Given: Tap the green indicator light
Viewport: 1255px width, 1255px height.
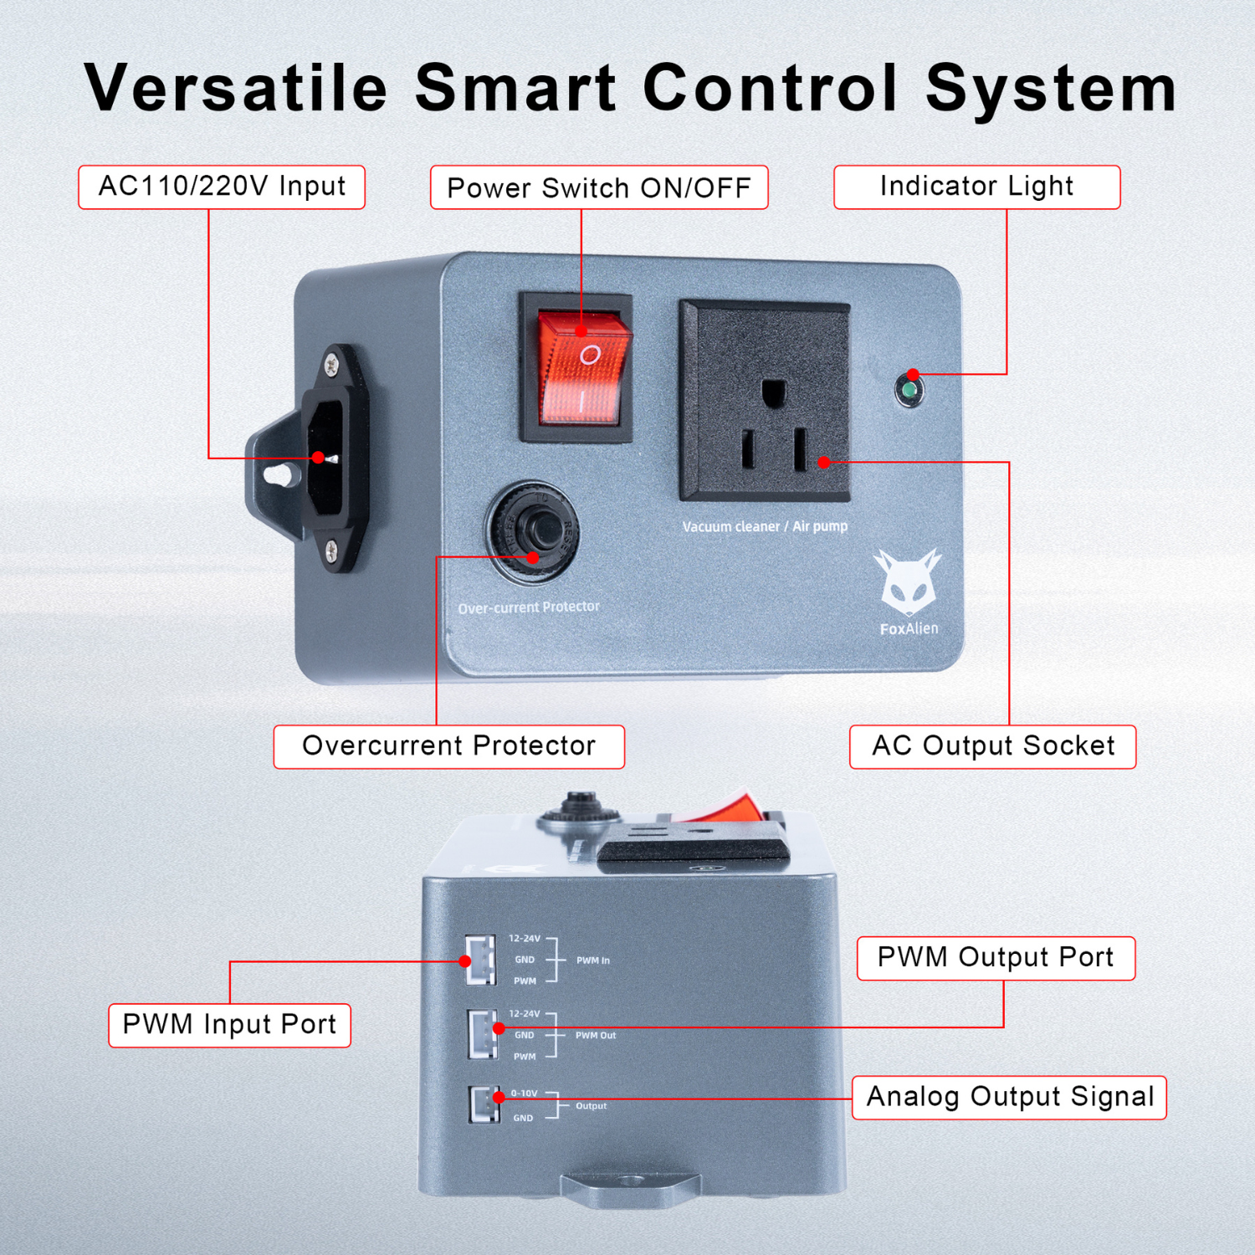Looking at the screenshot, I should point(909,390).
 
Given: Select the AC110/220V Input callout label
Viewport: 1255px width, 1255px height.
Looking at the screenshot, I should point(222,187).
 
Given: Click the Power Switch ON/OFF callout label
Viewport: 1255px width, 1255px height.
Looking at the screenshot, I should point(599,187).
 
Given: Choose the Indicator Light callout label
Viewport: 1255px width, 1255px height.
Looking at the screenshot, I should point(976,187).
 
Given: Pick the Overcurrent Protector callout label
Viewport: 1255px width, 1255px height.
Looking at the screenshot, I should point(448,746).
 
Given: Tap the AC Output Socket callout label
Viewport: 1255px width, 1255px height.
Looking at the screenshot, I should point(992,746).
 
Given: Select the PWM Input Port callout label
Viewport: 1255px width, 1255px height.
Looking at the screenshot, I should point(229,1025).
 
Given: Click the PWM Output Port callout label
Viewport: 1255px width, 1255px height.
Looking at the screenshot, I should point(996,958).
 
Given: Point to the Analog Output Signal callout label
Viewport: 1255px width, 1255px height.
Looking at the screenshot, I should point(1009,1097).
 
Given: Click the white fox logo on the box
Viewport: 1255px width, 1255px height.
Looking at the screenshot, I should point(906,581).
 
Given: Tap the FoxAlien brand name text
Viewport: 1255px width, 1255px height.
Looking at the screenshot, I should point(909,629).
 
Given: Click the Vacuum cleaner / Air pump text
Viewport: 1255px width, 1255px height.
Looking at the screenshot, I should point(765,526).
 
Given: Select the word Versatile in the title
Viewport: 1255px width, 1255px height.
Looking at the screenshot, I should point(236,88).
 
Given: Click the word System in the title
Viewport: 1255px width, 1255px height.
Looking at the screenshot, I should point(1051,88).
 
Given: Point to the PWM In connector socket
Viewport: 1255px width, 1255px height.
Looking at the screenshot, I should point(481,959).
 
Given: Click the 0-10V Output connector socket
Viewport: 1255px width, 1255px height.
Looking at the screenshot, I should point(484,1104).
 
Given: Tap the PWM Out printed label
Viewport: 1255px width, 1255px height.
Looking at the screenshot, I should point(596,1036).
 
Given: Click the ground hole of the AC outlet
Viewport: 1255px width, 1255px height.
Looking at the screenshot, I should point(773,392).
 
